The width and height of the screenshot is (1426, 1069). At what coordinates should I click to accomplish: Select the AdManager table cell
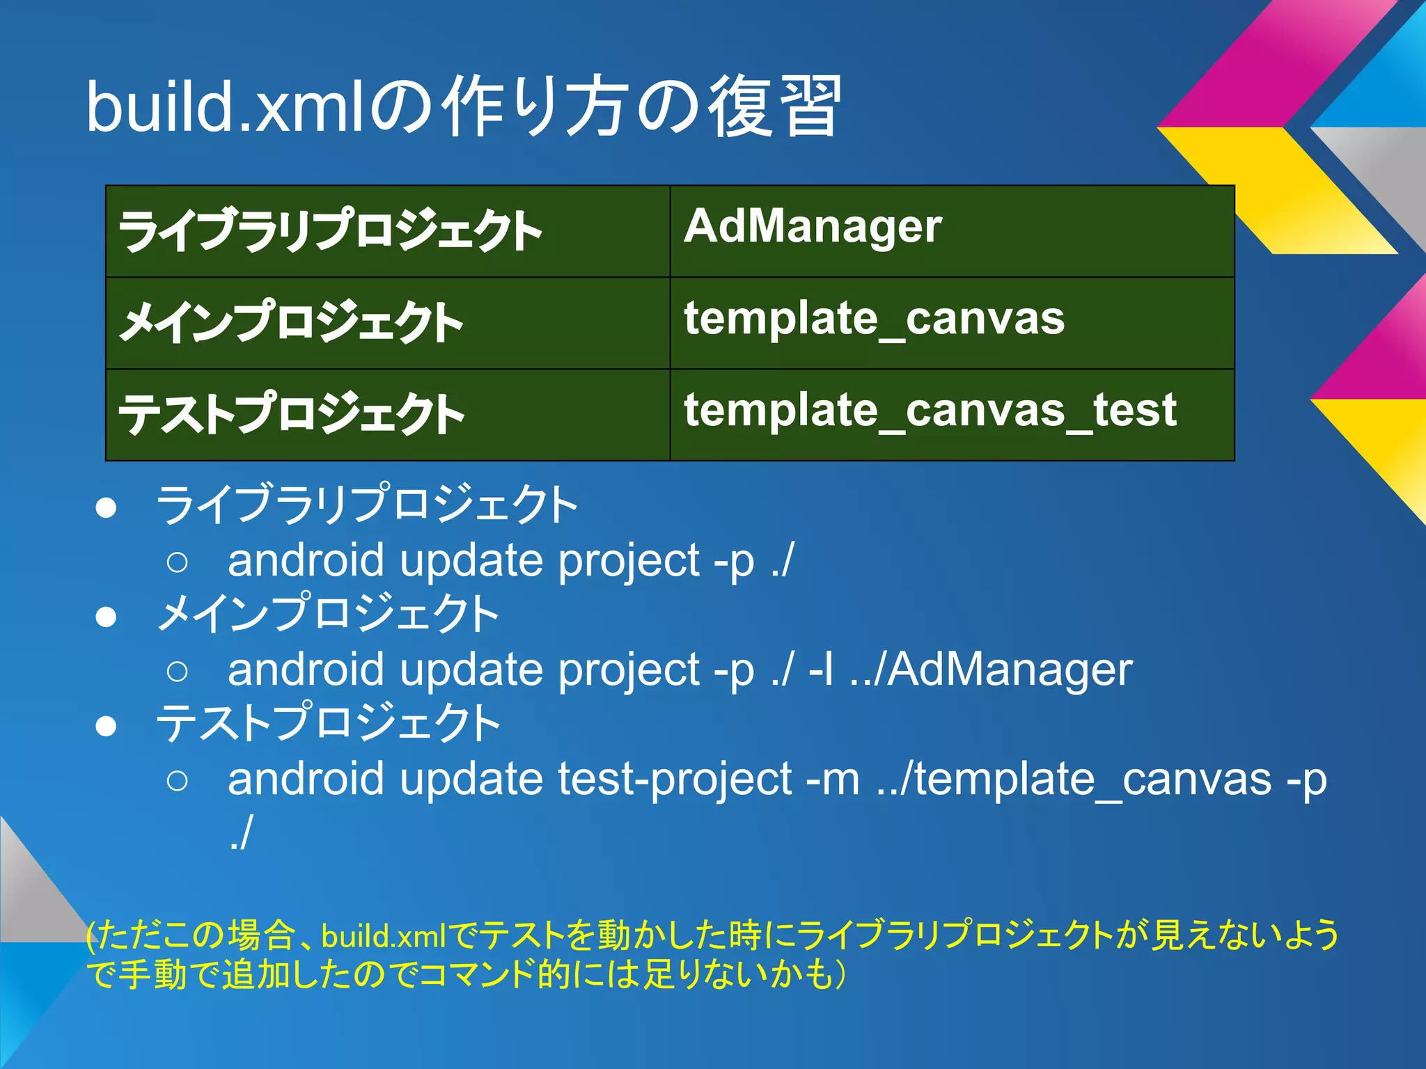[951, 230]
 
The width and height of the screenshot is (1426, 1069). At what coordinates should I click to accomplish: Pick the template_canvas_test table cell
[951, 414]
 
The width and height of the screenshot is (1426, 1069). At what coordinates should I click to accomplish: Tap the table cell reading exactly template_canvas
[951, 322]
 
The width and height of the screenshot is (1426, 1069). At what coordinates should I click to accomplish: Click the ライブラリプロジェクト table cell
[387, 230]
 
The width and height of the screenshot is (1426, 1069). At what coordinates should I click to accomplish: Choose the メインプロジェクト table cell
[387, 322]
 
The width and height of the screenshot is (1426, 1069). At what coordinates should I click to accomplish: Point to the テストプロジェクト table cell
[387, 414]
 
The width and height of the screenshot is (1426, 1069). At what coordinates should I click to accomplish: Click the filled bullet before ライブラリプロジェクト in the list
[106, 508]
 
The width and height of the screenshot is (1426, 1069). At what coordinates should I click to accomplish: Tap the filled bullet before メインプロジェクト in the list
[106, 617]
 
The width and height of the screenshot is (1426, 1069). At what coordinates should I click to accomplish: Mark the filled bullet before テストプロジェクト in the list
[106, 726]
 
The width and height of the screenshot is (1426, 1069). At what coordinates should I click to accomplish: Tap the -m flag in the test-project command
[832, 779]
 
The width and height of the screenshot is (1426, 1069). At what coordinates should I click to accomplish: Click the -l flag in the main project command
[820, 670]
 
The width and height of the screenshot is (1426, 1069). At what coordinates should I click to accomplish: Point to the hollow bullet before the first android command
[178, 562]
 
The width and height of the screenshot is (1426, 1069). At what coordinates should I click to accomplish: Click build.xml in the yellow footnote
[384, 936]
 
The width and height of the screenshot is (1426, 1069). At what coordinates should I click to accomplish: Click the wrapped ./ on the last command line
[240, 833]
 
